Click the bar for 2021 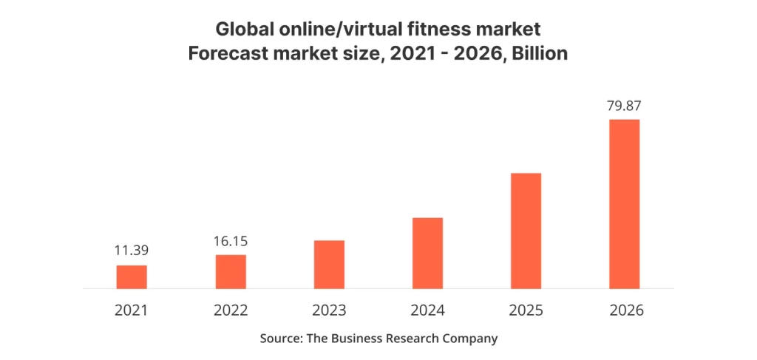click(x=132, y=277)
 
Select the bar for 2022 click(x=231, y=272)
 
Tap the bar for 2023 click(x=329, y=265)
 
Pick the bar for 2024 click(x=428, y=254)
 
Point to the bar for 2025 click(x=526, y=231)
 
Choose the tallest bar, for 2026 click(x=625, y=204)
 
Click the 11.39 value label click(x=132, y=251)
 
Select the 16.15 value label click(x=231, y=241)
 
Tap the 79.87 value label click(x=625, y=105)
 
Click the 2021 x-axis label click(x=132, y=310)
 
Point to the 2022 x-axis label click(x=231, y=310)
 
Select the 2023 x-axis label click(x=329, y=310)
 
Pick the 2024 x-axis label click(x=428, y=310)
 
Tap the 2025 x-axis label click(x=526, y=310)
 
